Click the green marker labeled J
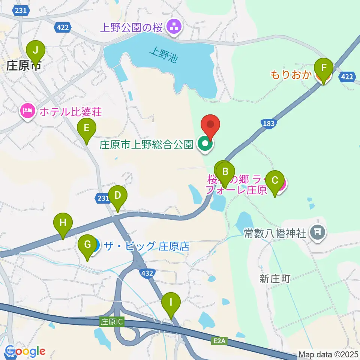coord(36,50)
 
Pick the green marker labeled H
coord(63,223)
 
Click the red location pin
coord(210,126)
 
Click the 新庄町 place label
coord(275,278)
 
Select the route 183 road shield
coord(269,124)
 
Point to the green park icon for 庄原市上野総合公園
coord(205,144)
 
